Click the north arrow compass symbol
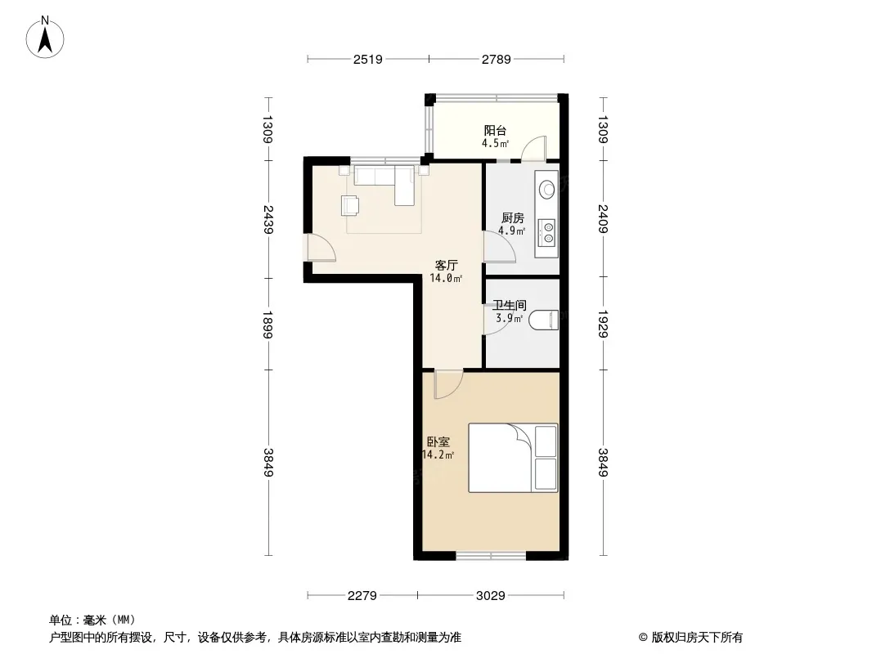pos(45,38)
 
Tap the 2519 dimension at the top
pos(367,59)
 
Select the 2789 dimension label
pos(496,59)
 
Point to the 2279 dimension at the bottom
pos(362,596)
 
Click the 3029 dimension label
pos(491,596)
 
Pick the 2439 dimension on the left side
pos(268,219)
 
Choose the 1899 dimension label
pos(268,325)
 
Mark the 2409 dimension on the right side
pos(604,218)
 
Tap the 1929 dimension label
pos(604,324)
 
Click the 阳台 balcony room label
pos(495,131)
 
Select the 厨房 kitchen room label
pos(511,217)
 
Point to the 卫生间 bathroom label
pos(510,305)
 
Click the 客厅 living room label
pos(446,265)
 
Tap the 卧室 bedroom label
pos(438,441)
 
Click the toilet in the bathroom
pos(543,320)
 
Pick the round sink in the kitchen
pos(547,189)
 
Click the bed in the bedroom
pos(513,458)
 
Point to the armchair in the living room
pos(350,205)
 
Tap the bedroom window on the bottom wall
pos(491,554)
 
